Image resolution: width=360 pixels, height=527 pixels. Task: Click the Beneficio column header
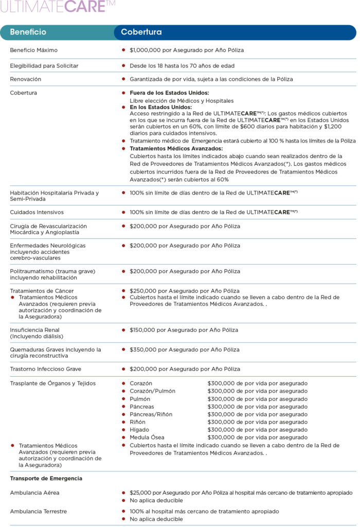click(28, 32)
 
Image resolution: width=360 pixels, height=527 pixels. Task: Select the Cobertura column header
click(141, 32)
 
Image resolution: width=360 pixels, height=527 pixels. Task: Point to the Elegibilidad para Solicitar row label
click(44, 66)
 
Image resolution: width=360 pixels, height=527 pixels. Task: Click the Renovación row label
click(26, 79)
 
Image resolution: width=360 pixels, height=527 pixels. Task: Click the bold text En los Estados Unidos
click(160, 107)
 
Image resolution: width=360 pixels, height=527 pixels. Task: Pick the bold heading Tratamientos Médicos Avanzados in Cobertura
click(176, 148)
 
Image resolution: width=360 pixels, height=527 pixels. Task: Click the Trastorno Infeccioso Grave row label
click(46, 369)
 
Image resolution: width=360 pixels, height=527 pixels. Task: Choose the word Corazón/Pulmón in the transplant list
click(152, 391)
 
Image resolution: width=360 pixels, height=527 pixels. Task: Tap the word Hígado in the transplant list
click(140, 430)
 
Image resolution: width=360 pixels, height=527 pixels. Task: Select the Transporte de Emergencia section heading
click(46, 479)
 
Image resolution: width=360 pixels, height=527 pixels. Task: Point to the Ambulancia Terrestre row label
click(39, 512)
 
